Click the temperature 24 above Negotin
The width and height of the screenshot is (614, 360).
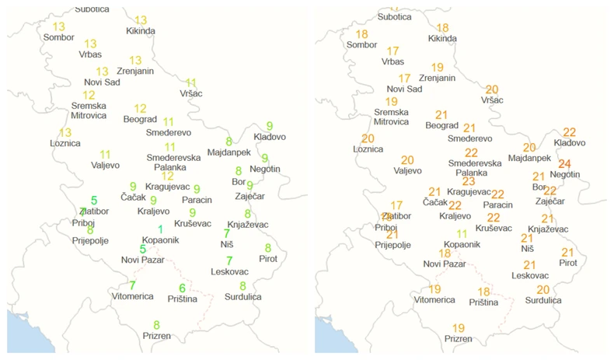tap(564, 163)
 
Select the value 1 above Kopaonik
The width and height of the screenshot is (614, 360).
tap(160, 229)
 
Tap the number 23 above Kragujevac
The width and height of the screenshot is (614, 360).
tap(469, 181)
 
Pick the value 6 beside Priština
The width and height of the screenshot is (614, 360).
tap(182, 288)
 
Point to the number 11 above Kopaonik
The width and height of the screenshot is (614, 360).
tap(462, 233)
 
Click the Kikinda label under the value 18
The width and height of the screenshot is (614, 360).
tap(442, 38)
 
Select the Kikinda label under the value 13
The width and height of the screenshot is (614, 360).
tap(141, 31)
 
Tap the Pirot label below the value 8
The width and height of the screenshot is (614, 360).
tap(268, 258)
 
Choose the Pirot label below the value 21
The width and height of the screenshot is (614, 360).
tap(568, 263)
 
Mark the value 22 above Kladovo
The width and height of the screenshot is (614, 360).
tap(569, 132)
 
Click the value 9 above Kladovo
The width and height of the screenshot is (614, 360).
tap(270, 126)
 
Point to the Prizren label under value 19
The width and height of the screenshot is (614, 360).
tap(459, 339)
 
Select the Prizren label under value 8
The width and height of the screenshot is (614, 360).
tap(156, 336)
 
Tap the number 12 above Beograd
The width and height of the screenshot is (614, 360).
tap(140, 109)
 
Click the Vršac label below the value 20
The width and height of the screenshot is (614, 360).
tap(492, 100)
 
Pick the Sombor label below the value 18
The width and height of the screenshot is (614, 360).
tap(361, 45)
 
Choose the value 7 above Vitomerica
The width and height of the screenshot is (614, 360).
tap(132, 285)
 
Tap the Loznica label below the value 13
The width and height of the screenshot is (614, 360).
tap(65, 143)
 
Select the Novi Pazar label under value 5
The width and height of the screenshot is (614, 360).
tap(142, 260)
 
